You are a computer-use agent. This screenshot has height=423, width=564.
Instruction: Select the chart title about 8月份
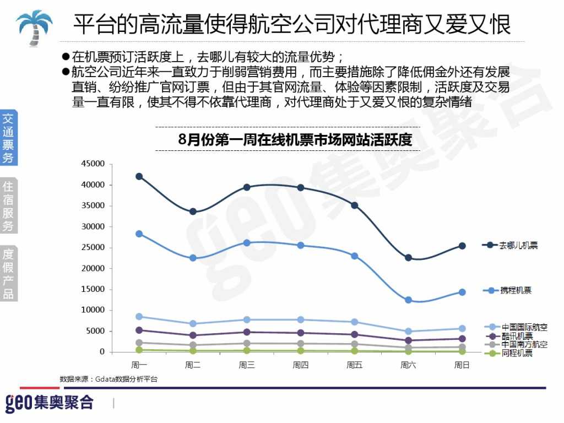295,140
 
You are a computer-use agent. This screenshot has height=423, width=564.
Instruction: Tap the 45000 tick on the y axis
93,164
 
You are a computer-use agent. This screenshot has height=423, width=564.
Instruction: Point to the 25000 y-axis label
93,247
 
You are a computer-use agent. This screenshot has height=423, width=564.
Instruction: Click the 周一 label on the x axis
139,365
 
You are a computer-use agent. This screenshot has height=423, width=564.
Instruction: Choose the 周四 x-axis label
300,365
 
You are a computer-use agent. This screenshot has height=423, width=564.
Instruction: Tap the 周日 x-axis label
462,365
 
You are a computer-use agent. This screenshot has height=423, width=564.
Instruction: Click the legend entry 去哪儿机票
517,245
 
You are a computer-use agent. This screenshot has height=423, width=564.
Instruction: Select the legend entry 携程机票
516,290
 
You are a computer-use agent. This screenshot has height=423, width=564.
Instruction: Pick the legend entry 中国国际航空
524,327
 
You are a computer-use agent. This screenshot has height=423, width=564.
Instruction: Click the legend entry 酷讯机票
516,336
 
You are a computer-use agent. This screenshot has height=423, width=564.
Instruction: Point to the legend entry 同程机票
516,353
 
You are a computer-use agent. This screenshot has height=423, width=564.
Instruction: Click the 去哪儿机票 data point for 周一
139,176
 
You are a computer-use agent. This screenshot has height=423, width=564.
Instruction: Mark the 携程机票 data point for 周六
408,300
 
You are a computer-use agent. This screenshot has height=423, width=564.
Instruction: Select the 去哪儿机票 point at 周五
354,205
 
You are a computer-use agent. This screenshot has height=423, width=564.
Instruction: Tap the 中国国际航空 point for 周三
247,319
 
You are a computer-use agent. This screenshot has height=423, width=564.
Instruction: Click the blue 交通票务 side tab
8,138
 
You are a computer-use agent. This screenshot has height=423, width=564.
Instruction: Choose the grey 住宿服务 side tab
8,205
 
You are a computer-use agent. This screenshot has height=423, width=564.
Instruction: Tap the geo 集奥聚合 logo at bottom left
50,403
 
